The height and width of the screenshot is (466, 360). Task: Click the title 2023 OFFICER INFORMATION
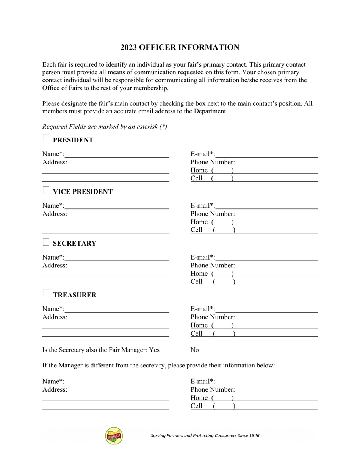[180, 47]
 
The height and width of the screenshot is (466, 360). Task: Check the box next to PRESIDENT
[46, 139]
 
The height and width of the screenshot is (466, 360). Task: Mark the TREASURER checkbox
[46, 294]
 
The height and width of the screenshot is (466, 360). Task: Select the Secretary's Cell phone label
[196, 282]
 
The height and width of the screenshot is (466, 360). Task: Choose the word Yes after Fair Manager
[154, 350]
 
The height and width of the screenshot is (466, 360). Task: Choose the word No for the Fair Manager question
[194, 350]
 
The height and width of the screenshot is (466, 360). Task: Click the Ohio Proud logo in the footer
[114, 436]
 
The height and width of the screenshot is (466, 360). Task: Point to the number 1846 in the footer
[254, 436]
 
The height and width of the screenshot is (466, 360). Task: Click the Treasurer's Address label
[55, 317]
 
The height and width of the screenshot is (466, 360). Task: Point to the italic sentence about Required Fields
[105, 127]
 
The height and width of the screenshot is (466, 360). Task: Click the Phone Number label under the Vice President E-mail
[213, 214]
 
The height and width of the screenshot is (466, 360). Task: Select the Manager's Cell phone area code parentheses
[224, 406]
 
